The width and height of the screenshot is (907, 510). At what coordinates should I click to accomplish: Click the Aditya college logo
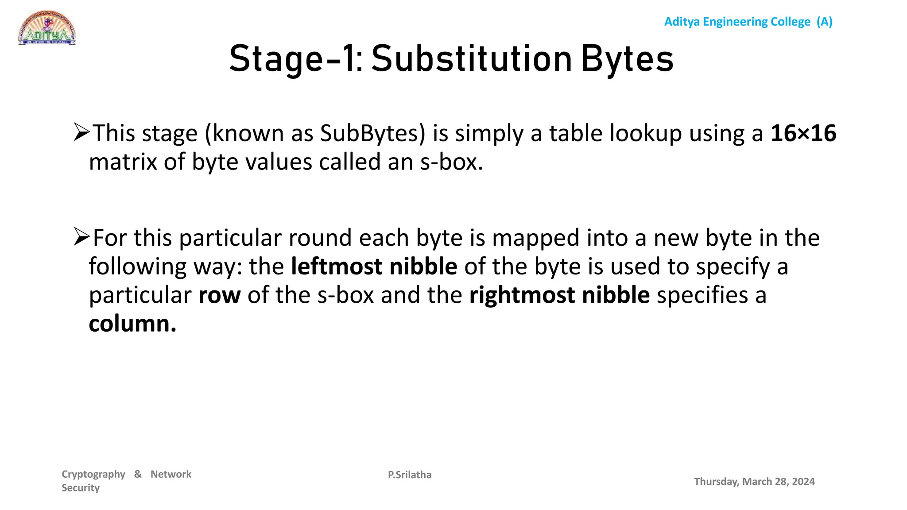47,28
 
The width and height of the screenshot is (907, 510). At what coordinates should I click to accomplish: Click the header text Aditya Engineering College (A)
748,22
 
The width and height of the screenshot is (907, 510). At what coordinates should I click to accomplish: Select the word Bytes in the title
627,59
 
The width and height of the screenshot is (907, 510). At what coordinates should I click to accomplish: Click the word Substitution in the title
472,59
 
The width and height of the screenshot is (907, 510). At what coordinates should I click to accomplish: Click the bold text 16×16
803,133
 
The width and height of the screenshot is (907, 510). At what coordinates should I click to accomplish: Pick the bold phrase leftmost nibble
374,267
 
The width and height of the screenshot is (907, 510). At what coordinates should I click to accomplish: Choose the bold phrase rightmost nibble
559,295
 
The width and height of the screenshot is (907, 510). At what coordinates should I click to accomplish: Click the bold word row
219,295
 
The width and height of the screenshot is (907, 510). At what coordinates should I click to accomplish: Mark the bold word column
132,324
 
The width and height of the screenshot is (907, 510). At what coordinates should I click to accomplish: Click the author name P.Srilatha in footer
410,475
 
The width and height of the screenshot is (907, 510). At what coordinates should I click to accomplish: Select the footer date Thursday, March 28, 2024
754,482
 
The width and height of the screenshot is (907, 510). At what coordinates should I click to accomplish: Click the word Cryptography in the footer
93,475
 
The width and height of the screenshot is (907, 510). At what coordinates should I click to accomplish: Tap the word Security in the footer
81,488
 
